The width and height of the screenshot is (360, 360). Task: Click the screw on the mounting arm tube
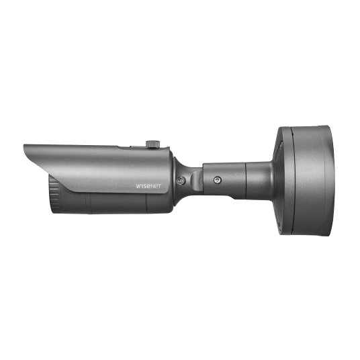point(217,180)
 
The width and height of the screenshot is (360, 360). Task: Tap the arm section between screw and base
point(242,177)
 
